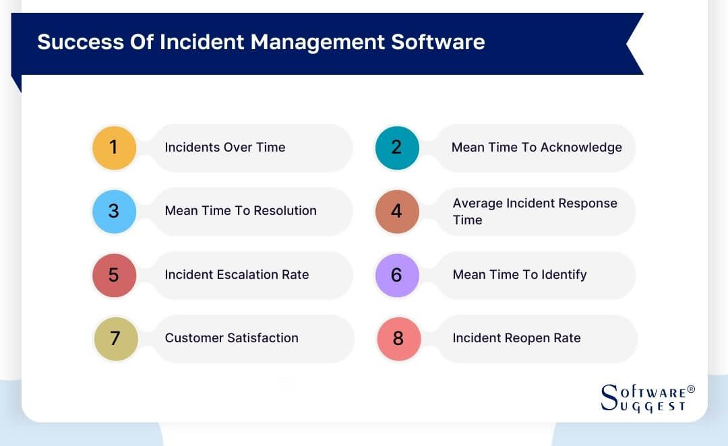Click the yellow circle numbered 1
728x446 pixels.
114,148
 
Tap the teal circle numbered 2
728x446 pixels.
397,148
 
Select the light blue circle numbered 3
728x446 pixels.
114,211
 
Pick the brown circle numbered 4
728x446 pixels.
397,212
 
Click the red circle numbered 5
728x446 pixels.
114,275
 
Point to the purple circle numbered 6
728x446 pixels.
397,275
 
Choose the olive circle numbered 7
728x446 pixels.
115,338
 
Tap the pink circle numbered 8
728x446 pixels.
398,338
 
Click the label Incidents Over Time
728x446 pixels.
225,148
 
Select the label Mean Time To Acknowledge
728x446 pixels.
537,148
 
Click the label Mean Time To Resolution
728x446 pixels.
241,211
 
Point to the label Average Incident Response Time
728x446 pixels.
535,212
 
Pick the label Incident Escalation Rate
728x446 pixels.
237,275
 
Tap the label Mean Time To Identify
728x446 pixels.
520,275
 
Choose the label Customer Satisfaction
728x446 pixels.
231,338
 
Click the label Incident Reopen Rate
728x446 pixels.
516,338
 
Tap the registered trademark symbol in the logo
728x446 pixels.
691,390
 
